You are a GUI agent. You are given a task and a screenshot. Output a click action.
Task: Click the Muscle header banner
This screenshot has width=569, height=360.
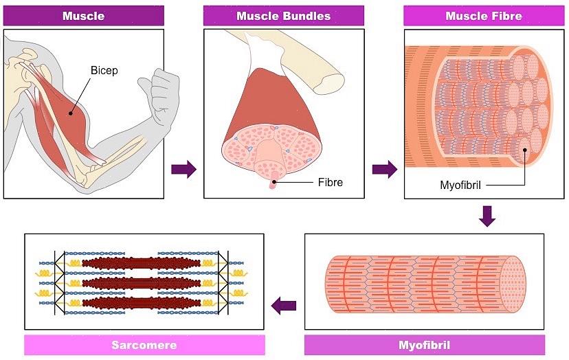83,16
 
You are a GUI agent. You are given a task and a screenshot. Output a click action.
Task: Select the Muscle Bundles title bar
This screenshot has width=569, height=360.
283,16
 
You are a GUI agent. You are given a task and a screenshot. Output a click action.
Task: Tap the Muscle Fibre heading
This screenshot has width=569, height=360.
483,16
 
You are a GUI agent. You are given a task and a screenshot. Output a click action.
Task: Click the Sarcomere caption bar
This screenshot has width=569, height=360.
144,345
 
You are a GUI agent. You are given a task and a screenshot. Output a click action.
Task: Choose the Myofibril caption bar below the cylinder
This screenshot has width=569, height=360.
424,345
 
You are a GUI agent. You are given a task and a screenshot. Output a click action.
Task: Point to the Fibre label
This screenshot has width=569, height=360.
330,183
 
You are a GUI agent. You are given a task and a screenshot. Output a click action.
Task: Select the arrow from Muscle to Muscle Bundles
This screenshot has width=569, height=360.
183,169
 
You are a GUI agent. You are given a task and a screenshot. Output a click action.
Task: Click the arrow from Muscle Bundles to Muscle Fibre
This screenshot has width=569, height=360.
384,169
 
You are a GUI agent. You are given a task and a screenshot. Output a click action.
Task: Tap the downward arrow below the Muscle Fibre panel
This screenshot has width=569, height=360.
487,216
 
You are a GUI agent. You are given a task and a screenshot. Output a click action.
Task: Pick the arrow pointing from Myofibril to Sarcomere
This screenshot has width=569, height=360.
283,306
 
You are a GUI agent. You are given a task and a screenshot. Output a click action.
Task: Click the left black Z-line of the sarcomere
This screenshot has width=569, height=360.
56,282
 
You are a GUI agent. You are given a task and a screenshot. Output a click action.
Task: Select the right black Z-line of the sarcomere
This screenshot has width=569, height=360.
227,282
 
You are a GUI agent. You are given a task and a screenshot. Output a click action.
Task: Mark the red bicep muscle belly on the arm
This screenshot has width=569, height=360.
72,113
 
